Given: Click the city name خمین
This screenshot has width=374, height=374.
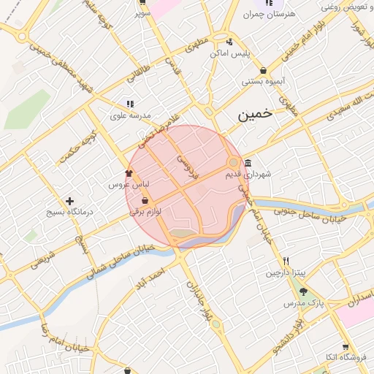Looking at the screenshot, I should coord(256,115).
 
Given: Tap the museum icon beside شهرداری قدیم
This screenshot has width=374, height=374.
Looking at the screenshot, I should coord(248,163).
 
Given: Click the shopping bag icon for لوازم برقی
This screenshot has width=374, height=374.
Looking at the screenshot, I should coord(145,200).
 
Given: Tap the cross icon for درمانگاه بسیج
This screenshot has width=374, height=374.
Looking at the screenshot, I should coord(69,201).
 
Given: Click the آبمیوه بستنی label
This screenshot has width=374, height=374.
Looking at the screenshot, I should coord(263,82).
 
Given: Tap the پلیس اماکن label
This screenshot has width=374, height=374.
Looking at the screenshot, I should coord(230,53).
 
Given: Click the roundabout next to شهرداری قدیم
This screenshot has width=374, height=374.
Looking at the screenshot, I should coord(234,162).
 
